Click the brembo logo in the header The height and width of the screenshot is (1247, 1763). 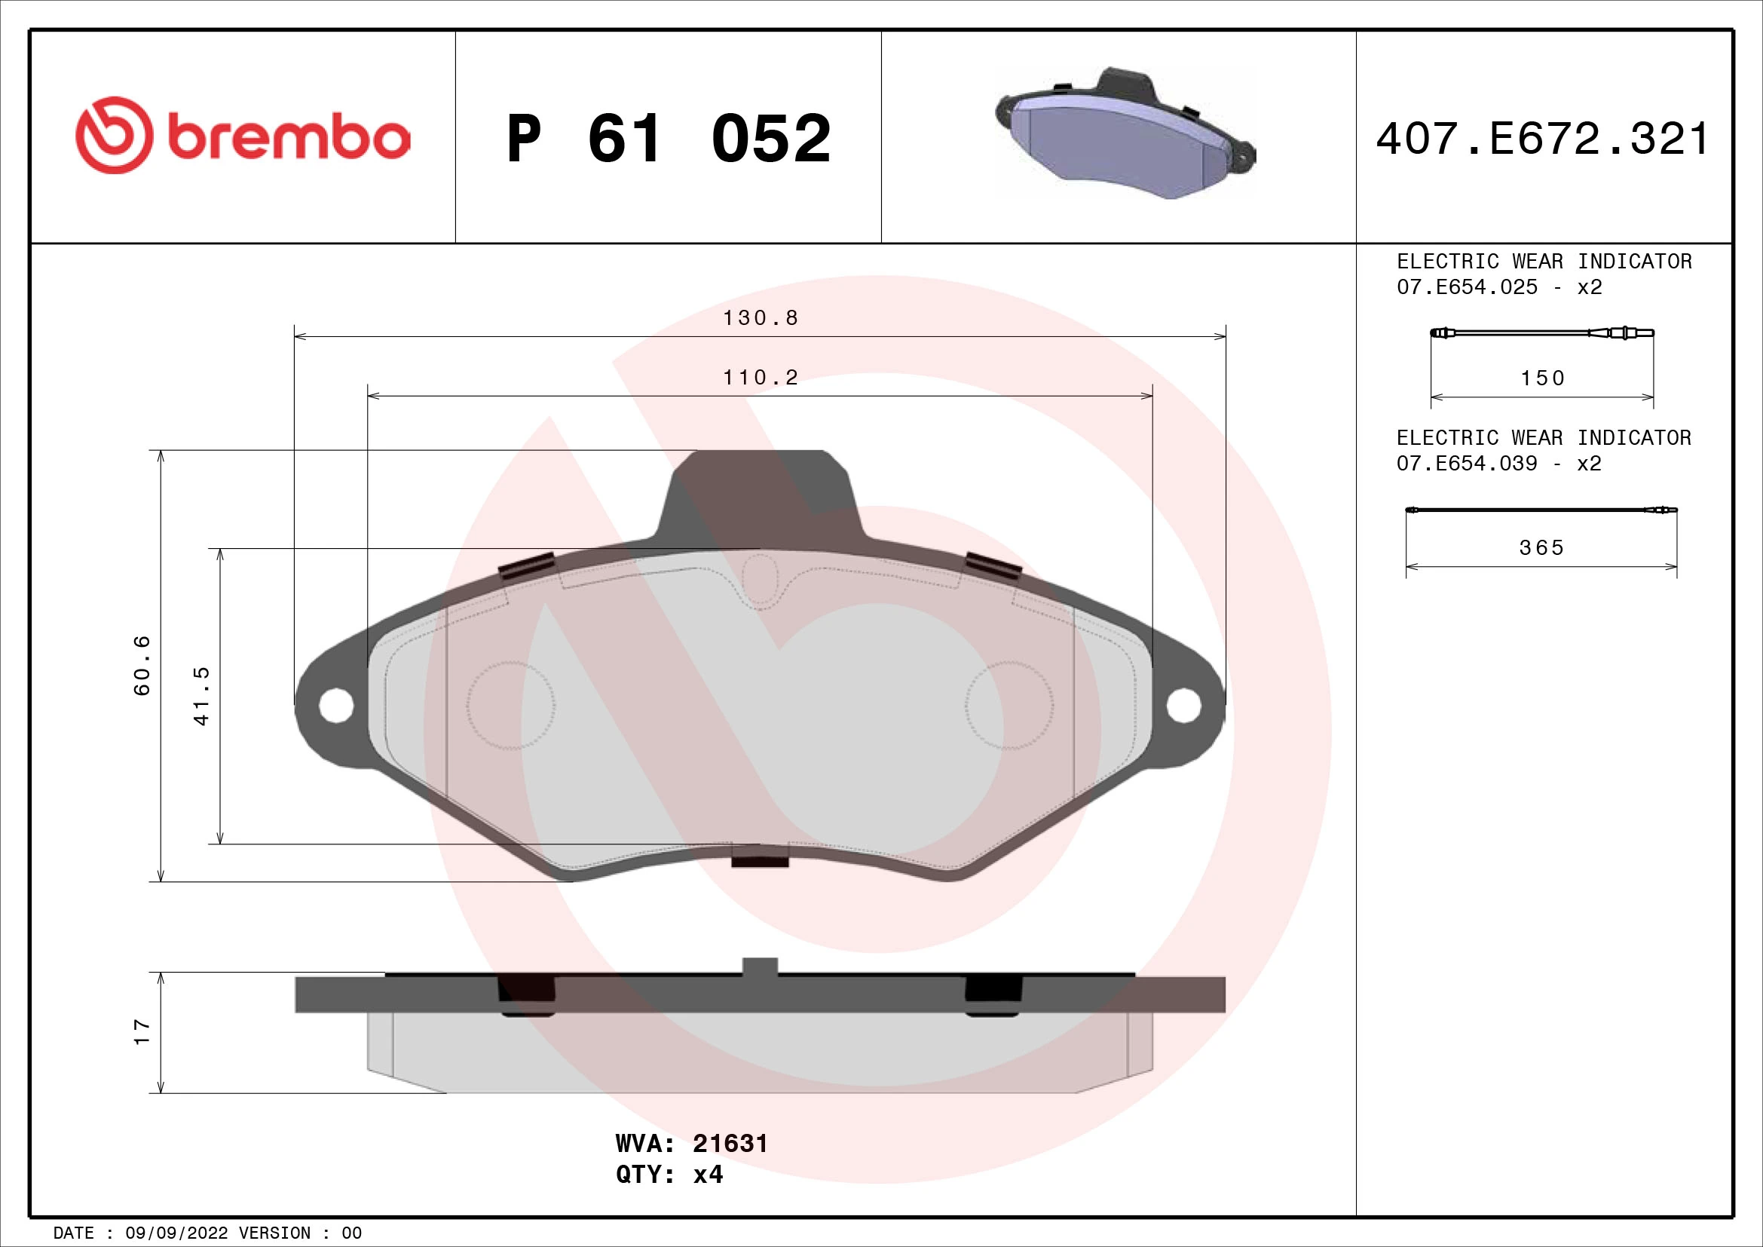point(243,136)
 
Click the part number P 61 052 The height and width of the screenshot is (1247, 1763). point(668,139)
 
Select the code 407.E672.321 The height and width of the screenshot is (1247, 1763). point(1542,139)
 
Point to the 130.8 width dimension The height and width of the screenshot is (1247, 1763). point(761,318)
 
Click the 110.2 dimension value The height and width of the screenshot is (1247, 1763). point(761,378)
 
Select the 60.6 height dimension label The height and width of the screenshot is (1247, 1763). point(142,665)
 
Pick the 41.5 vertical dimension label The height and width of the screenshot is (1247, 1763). point(202,696)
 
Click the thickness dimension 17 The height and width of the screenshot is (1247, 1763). point(142,1032)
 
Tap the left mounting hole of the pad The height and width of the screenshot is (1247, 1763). point(335,705)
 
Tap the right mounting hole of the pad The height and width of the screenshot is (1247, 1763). point(1183,705)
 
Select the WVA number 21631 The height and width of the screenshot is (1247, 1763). point(730,1144)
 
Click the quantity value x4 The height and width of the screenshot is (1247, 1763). point(708,1175)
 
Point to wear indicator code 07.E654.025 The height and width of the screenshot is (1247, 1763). point(1467,287)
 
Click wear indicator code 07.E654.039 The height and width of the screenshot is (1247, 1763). point(1467,464)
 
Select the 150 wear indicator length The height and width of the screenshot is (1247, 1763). point(1542,378)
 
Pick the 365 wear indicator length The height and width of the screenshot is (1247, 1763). point(1541,548)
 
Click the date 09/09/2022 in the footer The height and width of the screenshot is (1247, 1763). point(176,1233)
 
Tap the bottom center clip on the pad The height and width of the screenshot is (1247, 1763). point(761,856)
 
